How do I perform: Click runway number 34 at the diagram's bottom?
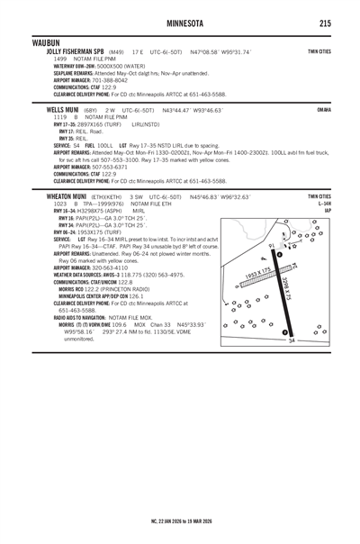292,366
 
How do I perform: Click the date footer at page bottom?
180,521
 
